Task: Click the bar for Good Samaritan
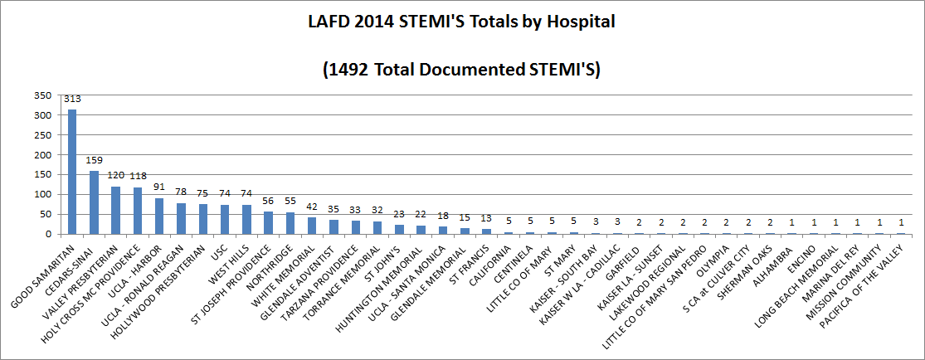72,172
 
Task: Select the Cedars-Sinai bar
94,202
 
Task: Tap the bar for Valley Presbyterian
115,210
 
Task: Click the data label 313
72,99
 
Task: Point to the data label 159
94,160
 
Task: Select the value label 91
159,187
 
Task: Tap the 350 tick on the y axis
43,95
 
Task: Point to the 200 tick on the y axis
43,155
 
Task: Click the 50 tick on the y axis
46,214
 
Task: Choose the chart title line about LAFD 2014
461,22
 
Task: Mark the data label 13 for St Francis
486,218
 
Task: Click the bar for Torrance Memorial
377,227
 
